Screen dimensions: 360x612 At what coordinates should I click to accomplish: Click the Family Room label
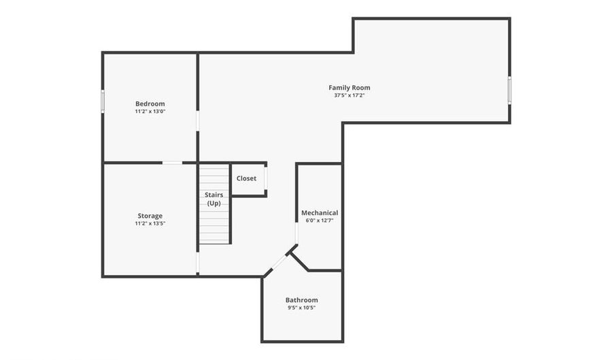click(x=349, y=87)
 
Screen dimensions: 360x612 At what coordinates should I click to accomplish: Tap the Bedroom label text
click(x=150, y=103)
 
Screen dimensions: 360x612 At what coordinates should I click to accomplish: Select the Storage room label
click(x=150, y=216)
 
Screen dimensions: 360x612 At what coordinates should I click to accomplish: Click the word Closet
click(x=246, y=178)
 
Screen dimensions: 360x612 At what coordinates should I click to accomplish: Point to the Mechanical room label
click(x=319, y=213)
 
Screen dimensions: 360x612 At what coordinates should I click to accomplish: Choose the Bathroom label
click(x=301, y=300)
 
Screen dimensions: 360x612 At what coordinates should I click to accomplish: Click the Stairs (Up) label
click(x=214, y=199)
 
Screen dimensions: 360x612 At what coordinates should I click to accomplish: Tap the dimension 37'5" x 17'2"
click(x=349, y=96)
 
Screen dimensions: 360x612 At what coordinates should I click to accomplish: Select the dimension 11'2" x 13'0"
click(x=150, y=112)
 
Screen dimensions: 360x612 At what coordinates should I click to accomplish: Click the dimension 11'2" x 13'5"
click(x=150, y=224)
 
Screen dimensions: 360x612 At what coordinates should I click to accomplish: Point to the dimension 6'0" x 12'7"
click(x=319, y=220)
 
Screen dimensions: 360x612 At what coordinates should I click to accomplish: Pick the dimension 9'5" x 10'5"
click(x=301, y=308)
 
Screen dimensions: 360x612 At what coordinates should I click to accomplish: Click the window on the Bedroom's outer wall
click(x=103, y=100)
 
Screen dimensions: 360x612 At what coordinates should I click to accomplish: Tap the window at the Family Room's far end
click(x=509, y=90)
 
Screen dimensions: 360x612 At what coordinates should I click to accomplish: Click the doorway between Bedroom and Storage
click(x=172, y=163)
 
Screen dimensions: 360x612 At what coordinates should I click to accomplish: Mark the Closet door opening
click(x=265, y=178)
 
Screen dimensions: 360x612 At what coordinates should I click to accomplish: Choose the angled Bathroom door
click(x=277, y=263)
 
